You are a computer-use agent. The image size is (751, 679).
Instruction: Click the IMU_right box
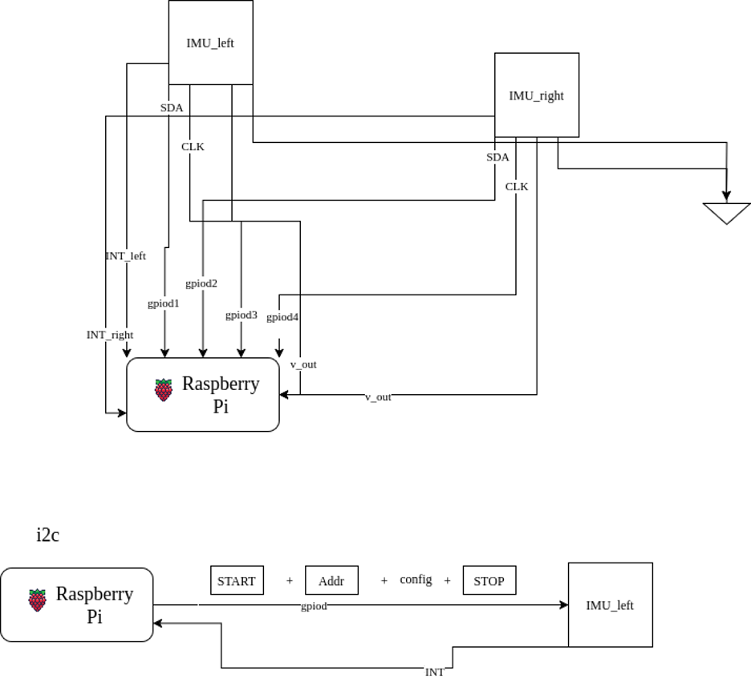[536, 96]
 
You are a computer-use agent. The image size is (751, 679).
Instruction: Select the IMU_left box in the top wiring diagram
[210, 43]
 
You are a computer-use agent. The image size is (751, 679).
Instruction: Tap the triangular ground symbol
[726, 213]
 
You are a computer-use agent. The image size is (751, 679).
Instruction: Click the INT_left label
[126, 256]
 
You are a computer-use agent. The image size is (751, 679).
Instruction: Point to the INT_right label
[110, 335]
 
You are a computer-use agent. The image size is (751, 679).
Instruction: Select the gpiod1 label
[164, 303]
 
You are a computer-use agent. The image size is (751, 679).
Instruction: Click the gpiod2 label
[201, 283]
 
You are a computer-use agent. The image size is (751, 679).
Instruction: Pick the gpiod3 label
[241, 315]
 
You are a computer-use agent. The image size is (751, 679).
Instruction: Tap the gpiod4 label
[282, 317]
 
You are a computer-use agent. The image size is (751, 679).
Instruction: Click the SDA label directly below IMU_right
[497, 157]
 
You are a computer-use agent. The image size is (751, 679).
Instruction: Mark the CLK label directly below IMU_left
[193, 147]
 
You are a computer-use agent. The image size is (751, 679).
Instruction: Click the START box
[237, 580]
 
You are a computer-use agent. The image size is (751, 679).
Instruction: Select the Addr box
[331, 580]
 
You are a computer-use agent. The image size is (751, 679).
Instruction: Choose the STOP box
[489, 580]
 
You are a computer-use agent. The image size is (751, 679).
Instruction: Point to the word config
[416, 579]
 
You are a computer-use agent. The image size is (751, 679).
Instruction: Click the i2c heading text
[47, 535]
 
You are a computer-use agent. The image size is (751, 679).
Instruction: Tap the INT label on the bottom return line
[435, 672]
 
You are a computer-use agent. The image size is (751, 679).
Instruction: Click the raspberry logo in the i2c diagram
[37, 600]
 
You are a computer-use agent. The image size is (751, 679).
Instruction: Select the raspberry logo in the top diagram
[164, 390]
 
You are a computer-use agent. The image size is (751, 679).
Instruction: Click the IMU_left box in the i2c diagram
[610, 605]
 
